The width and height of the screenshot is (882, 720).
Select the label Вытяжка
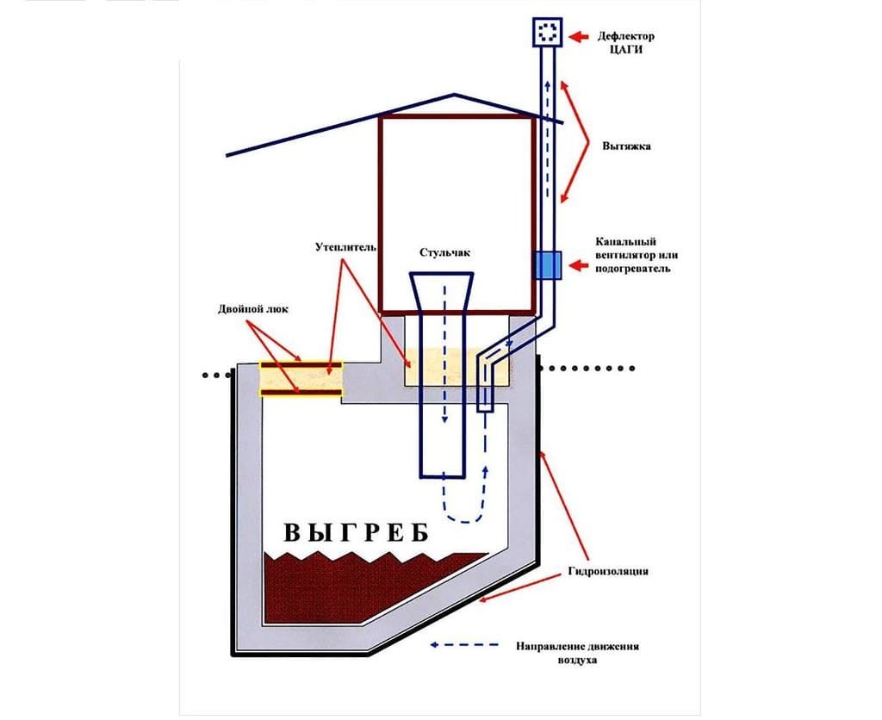pyautogui.click(x=626, y=146)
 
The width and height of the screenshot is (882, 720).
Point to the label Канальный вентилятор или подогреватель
pyautogui.click(x=633, y=255)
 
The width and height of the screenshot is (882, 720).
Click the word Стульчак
pyautogui.click(x=444, y=253)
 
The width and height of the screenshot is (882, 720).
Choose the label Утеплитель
pyautogui.click(x=345, y=248)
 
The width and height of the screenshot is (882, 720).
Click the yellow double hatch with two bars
pyautogui.click(x=301, y=380)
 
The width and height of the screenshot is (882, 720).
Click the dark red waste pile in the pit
pyautogui.click(x=362, y=586)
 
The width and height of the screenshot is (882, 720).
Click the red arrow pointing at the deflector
pyautogui.click(x=581, y=36)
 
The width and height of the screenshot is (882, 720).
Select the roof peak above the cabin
pyautogui.click(x=453, y=95)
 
